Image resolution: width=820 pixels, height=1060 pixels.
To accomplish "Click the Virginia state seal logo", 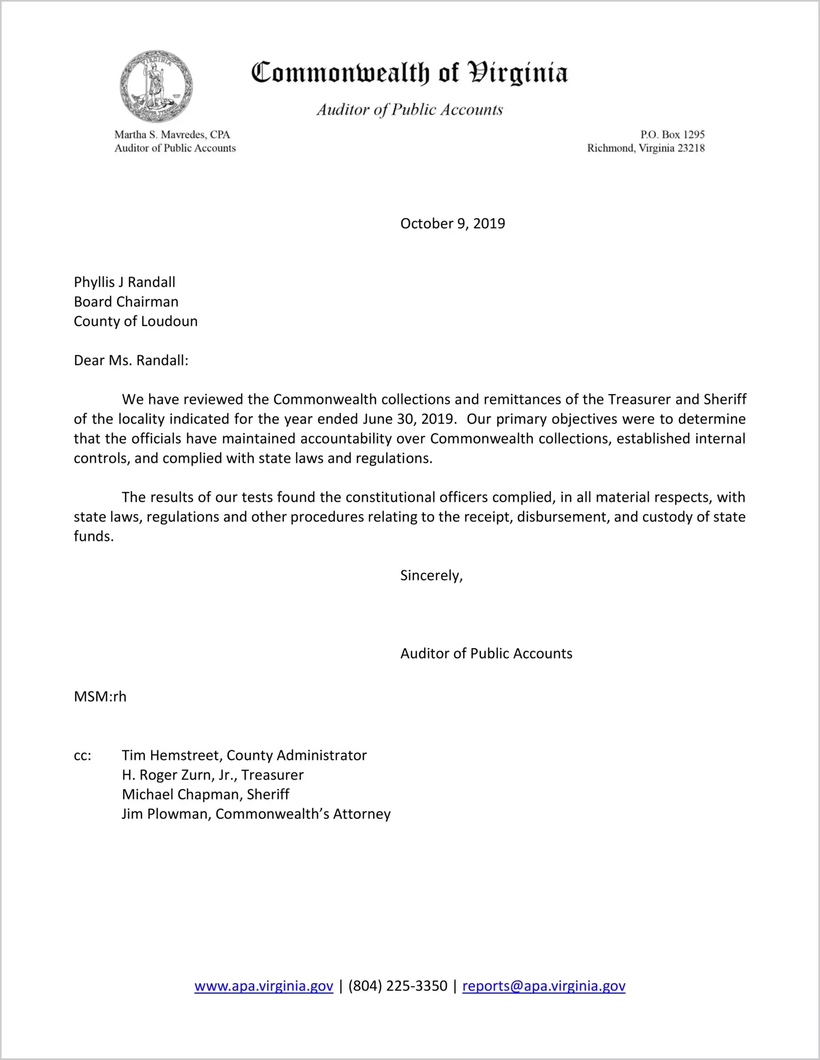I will [156, 86].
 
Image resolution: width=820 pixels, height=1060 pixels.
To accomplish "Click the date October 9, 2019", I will [452, 223].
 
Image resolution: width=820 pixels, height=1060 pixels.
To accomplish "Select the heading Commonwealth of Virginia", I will [409, 73].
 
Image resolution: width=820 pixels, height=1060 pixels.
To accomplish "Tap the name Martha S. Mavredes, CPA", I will [172, 134].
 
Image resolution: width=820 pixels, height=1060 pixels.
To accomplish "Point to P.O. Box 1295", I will [672, 134].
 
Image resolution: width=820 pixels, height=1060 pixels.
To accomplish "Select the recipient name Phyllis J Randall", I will [125, 282].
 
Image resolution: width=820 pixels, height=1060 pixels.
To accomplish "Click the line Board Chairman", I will [126, 302].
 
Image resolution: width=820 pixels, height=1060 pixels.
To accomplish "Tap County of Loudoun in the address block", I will [136, 321].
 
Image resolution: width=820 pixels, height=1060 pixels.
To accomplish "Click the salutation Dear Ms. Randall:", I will [131, 361].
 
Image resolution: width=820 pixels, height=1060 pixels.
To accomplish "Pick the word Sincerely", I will [431, 575].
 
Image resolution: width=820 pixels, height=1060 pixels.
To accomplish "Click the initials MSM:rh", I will [100, 697].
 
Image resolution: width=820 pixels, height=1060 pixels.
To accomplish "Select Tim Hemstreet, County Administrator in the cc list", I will [244, 755].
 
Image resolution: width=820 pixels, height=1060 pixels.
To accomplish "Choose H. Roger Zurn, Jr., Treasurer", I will [212, 775].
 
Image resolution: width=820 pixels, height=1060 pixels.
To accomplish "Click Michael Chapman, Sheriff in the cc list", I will [205, 794].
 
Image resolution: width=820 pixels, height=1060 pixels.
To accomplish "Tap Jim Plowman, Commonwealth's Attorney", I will [256, 814].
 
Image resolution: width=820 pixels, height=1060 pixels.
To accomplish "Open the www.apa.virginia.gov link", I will [263, 986].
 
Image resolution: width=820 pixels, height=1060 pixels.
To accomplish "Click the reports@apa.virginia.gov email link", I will [543, 986].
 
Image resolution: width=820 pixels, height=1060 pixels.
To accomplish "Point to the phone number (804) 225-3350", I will [397, 986].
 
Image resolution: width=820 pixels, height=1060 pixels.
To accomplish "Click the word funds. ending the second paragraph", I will [94, 536].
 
